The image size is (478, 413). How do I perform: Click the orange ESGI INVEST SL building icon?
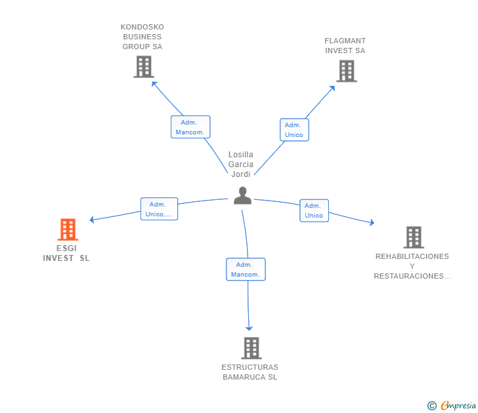(68, 229)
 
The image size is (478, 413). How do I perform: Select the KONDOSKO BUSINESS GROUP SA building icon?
(144, 67)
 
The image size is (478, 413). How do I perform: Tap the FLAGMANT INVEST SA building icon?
(347, 71)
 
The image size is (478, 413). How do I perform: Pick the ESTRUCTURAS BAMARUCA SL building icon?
(251, 348)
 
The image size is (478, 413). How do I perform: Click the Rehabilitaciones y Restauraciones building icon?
(414, 237)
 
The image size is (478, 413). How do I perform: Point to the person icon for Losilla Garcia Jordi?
(242, 195)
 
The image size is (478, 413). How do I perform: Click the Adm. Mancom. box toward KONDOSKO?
(190, 127)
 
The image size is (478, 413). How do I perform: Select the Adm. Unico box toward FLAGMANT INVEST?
(294, 130)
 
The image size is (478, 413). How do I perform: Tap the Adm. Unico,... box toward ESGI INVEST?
(159, 208)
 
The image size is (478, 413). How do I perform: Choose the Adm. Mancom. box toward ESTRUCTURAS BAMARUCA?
(246, 269)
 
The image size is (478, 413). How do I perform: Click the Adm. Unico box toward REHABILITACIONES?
(315, 210)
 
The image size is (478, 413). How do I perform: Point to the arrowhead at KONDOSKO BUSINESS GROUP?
(154, 84)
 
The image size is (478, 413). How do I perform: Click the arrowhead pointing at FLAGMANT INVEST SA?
(332, 88)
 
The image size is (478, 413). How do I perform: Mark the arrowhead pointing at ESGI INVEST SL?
(92, 220)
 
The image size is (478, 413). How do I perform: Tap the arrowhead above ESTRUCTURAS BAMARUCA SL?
(249, 328)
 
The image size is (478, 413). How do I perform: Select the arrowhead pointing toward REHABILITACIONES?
(372, 222)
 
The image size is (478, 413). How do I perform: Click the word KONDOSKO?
(142, 27)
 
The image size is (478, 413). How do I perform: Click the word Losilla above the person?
(241, 155)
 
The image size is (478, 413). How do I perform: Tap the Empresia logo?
(452, 405)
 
